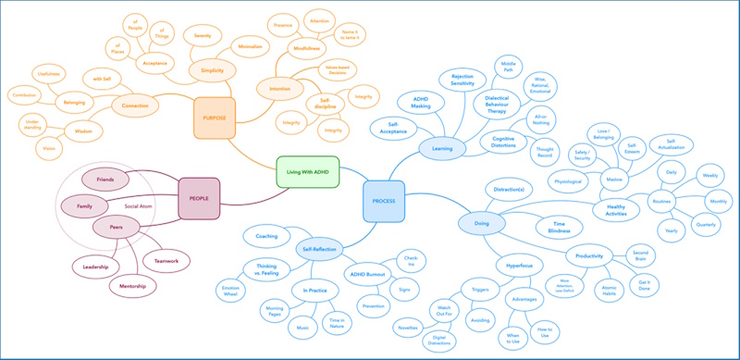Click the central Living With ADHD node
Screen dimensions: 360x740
[308, 171]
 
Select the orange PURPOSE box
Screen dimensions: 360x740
[215, 117]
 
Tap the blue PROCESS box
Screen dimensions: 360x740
[383, 201]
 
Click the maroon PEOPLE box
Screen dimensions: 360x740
[198, 199]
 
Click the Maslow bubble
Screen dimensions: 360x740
[610, 178]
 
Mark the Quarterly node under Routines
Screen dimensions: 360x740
[706, 224]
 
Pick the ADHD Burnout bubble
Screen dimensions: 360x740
[367, 275]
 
